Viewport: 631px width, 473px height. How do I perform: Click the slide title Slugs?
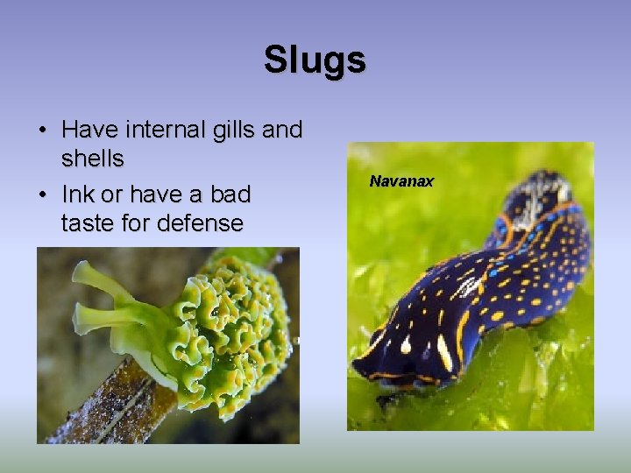point(315,60)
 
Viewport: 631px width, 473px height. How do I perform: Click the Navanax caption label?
point(401,181)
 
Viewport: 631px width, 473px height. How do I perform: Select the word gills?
point(234,131)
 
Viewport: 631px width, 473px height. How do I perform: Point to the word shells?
point(93,159)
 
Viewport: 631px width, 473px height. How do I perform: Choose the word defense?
point(201,222)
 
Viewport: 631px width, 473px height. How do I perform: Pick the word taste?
point(91,222)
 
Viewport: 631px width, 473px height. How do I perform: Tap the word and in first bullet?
point(282,131)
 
